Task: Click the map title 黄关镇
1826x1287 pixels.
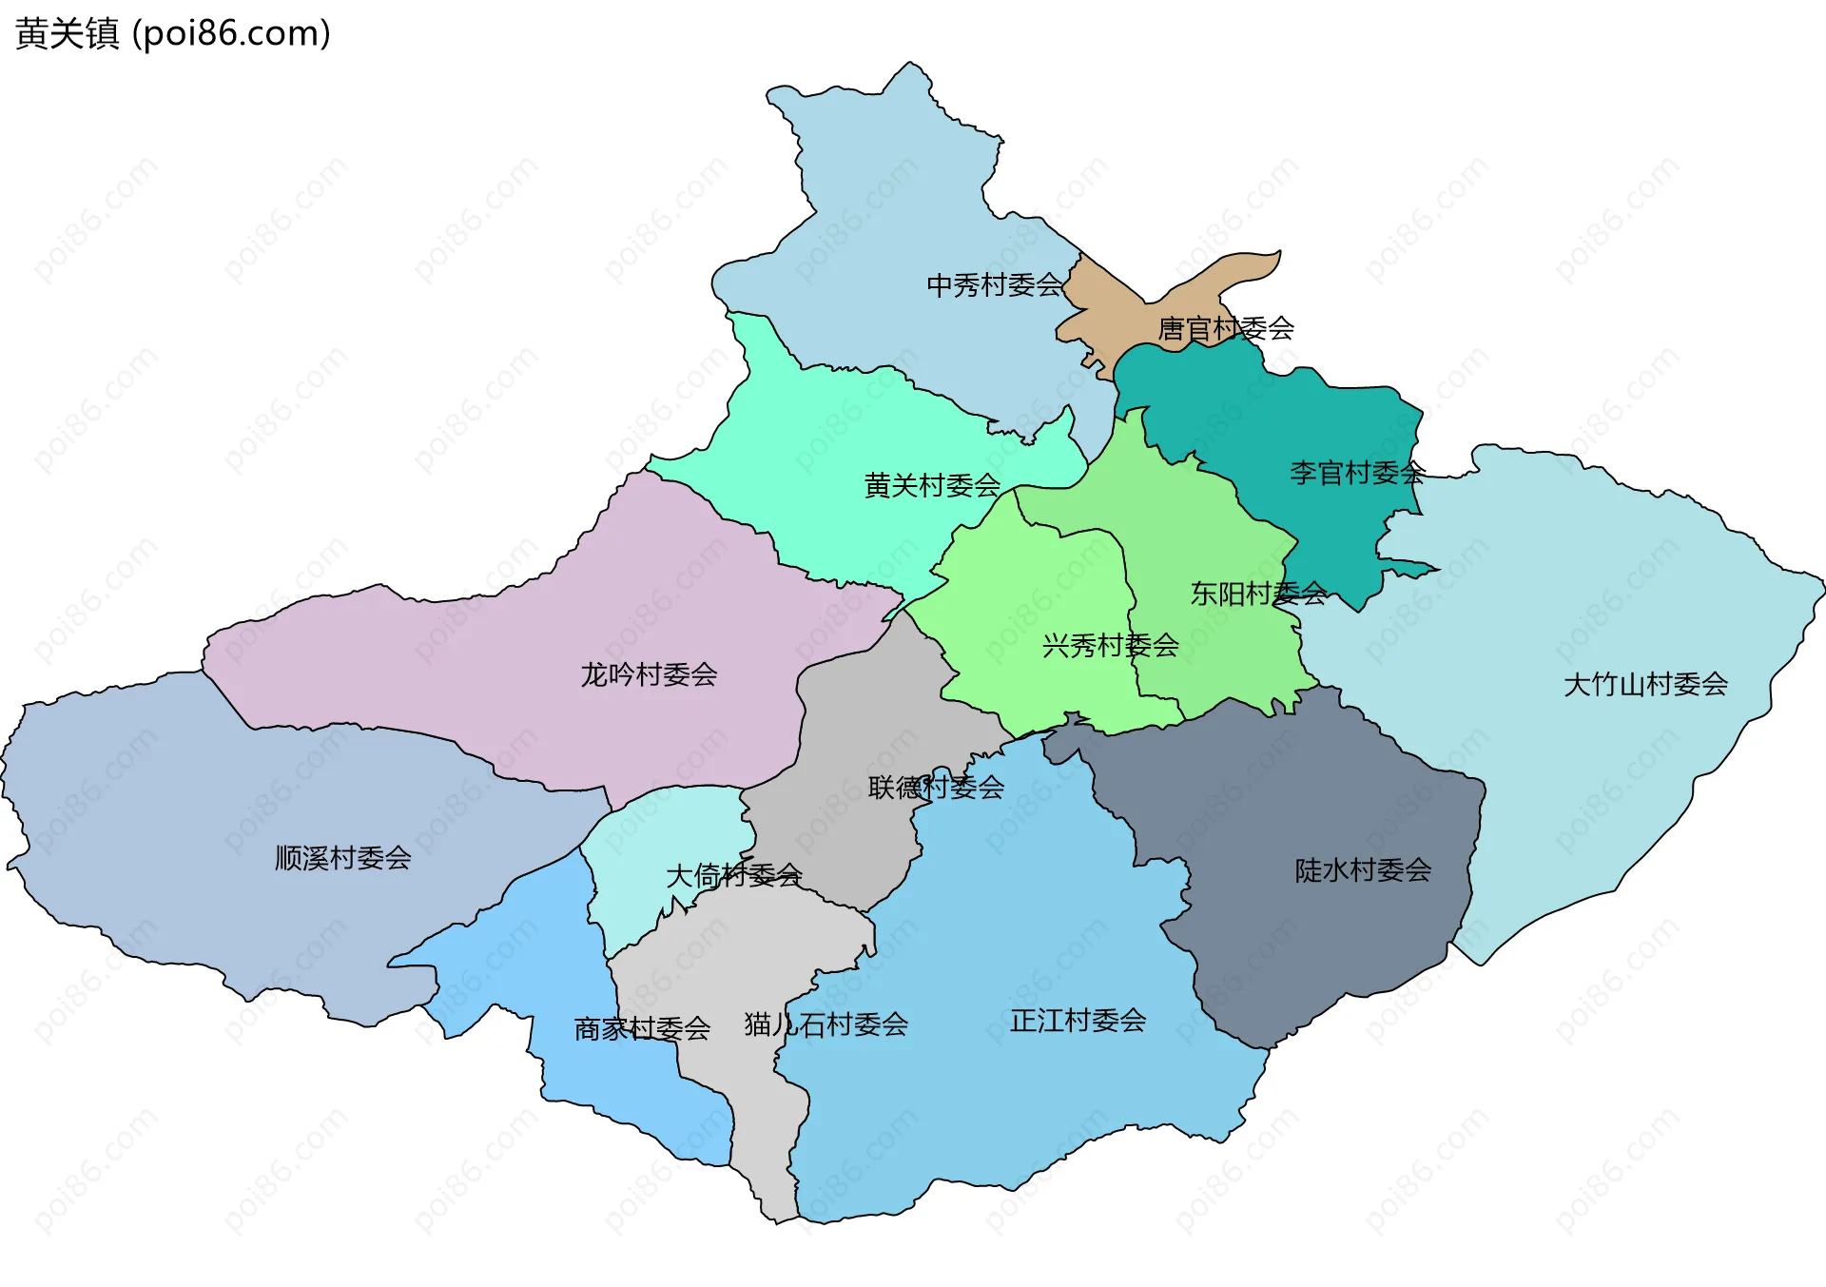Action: pyautogui.click(x=67, y=33)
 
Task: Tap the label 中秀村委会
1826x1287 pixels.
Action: pyautogui.click(x=994, y=284)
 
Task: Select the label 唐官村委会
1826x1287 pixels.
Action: pyautogui.click(x=1225, y=329)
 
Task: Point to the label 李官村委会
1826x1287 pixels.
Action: pyautogui.click(x=1356, y=473)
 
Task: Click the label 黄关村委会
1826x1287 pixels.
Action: pyautogui.click(x=931, y=486)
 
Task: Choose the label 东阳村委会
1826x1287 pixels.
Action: pyautogui.click(x=1257, y=595)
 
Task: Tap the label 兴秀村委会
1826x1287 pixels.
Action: pyautogui.click(x=1110, y=646)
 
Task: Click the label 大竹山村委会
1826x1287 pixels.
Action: pyautogui.click(x=1644, y=684)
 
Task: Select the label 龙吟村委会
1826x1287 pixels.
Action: pyautogui.click(x=649, y=675)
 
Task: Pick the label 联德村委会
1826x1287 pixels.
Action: pyautogui.click(x=936, y=788)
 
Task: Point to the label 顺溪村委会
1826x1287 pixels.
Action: pyautogui.click(x=342, y=858)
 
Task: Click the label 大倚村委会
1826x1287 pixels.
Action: pyautogui.click(x=733, y=875)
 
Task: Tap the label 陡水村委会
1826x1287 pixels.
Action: pyautogui.click(x=1362, y=870)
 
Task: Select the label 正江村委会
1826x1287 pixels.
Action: pyautogui.click(x=1078, y=1021)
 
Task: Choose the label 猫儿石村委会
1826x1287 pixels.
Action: pyautogui.click(x=826, y=1024)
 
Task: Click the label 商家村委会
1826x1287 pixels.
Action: pyautogui.click(x=642, y=1028)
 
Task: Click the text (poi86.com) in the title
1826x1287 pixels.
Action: pyautogui.click(x=231, y=33)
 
